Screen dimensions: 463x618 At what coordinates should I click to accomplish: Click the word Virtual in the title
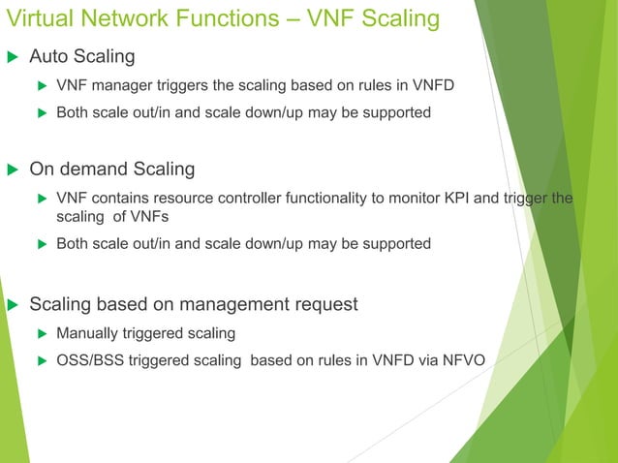(37, 18)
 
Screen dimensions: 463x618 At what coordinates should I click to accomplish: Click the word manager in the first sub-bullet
(116, 85)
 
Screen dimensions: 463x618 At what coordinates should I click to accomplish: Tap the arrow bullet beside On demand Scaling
(13, 170)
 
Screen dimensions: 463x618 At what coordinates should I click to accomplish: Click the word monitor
(408, 199)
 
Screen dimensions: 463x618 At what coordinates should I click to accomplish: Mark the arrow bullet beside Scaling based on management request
(13, 305)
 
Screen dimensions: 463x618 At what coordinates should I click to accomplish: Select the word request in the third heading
(324, 305)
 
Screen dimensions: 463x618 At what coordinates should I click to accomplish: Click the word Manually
(87, 334)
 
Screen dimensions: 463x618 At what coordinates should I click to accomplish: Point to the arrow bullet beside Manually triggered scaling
(42, 334)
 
